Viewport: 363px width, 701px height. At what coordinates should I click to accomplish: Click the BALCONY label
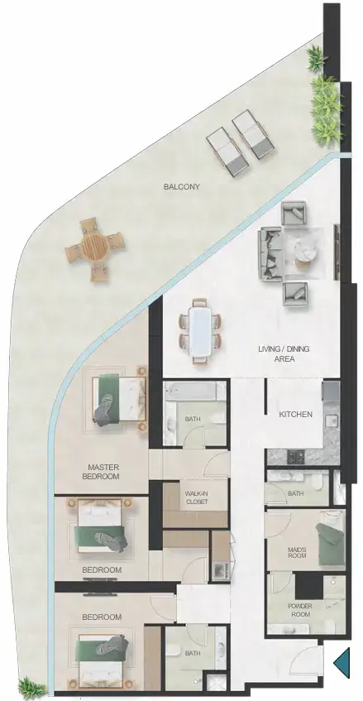181,186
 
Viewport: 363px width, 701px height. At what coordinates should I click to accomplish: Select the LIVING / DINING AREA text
284,353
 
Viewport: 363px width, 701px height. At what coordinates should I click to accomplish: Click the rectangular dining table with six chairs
199,331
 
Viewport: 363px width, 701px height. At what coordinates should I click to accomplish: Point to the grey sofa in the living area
270,254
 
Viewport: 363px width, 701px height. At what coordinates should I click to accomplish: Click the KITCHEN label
295,415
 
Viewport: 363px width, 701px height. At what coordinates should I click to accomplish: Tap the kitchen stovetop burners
294,457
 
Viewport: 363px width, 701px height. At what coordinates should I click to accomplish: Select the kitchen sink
332,420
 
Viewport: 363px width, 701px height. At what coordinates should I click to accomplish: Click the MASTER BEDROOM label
100,472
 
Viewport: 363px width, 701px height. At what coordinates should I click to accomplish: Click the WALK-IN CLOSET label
197,498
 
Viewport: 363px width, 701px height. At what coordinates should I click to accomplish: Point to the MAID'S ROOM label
297,553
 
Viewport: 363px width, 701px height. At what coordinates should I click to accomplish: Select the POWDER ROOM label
300,610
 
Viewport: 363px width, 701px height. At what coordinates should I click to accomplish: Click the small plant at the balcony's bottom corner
31,687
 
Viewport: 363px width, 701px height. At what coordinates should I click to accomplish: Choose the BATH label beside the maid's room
296,493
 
